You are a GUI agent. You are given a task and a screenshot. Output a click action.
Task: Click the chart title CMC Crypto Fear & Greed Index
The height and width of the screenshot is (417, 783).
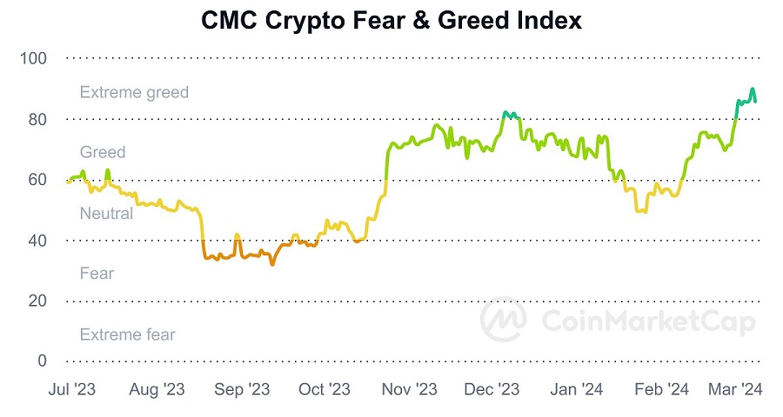click(x=391, y=20)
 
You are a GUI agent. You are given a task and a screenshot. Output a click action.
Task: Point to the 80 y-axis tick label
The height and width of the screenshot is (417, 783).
click(x=37, y=119)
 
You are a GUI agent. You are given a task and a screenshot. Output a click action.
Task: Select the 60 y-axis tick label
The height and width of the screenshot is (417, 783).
click(x=37, y=180)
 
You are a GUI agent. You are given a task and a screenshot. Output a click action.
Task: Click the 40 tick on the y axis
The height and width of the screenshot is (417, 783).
click(x=37, y=240)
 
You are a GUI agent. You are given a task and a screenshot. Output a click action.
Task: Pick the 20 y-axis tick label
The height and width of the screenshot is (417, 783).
click(x=37, y=301)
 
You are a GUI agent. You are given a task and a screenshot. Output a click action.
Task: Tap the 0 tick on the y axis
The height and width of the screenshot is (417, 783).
click(x=41, y=361)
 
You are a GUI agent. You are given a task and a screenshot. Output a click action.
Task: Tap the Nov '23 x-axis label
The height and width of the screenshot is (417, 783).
click(x=409, y=390)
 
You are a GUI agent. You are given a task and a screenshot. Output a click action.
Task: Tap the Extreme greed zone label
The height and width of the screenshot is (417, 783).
click(x=134, y=92)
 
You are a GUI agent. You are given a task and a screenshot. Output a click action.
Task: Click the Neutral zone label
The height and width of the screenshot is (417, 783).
click(x=106, y=213)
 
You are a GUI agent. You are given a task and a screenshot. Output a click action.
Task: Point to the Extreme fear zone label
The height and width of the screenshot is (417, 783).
click(x=127, y=334)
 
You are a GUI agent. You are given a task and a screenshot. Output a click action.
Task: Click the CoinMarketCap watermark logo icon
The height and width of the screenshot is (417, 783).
click(x=505, y=321)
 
